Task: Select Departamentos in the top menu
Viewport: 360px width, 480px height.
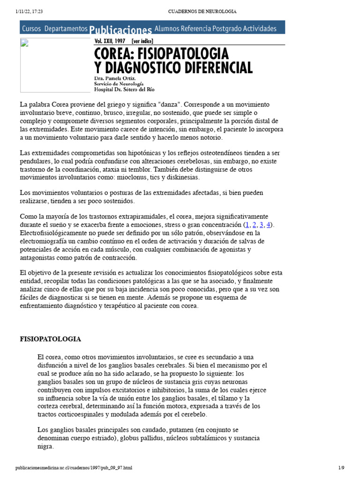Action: click(66, 29)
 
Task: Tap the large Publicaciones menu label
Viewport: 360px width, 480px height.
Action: click(120, 29)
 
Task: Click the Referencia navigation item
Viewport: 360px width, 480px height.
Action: click(199, 29)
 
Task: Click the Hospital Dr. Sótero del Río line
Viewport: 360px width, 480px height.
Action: click(124, 89)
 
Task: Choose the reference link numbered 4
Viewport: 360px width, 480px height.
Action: click(269, 225)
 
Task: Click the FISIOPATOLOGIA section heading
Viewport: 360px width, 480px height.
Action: click(50, 338)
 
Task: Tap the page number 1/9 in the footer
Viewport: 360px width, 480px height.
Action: click(341, 468)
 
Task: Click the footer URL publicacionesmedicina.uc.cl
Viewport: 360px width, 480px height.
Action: click(74, 468)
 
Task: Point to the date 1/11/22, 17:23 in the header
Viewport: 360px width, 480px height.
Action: click(29, 11)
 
